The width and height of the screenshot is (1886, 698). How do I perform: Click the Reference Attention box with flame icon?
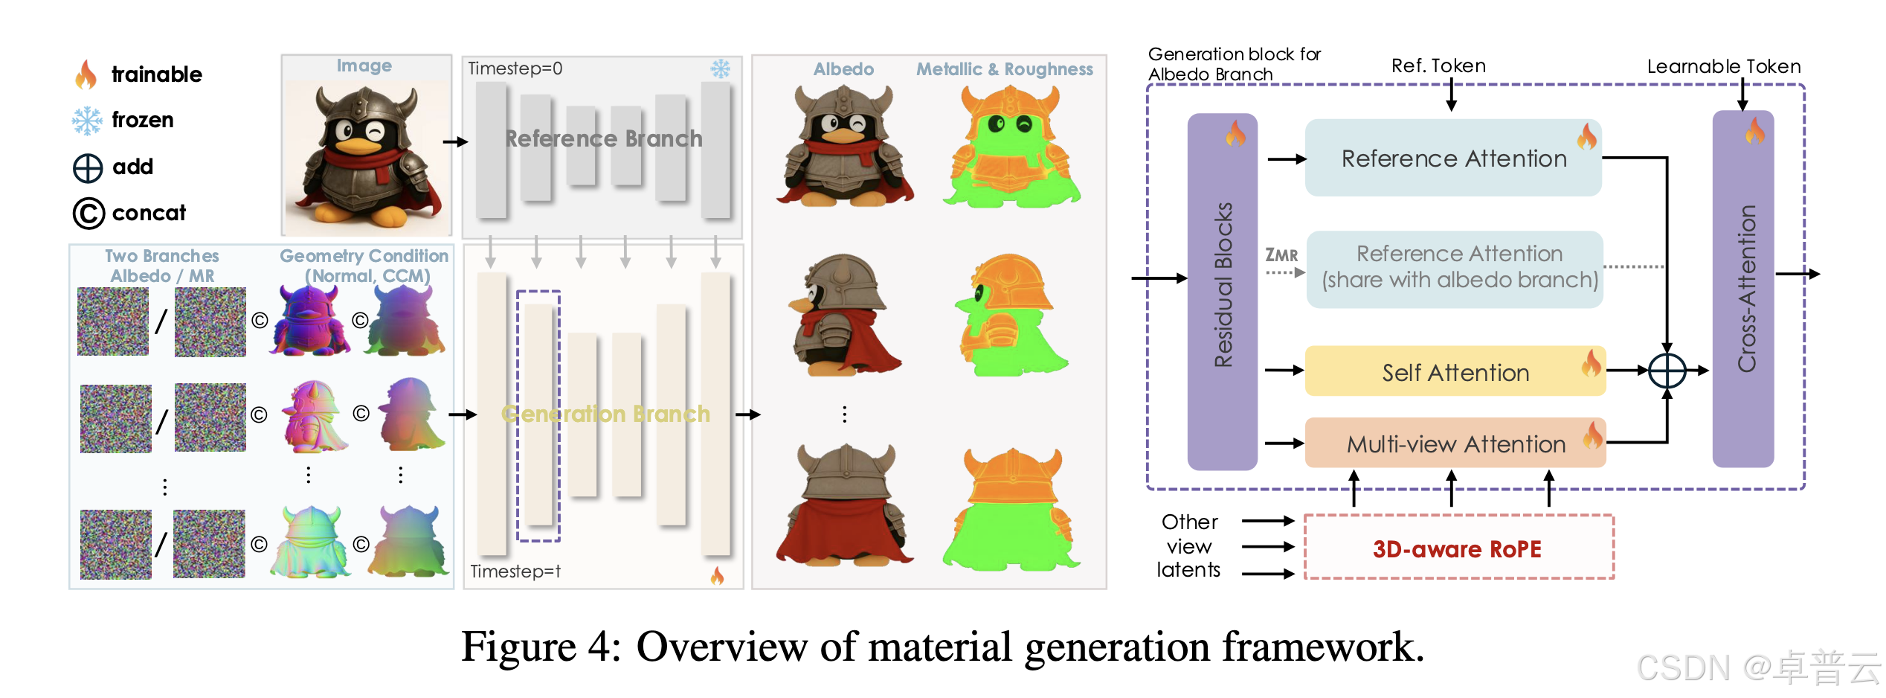(x=1452, y=158)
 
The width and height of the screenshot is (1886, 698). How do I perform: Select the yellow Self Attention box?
(x=1455, y=371)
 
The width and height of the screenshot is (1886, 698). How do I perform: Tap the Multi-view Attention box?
(x=1455, y=444)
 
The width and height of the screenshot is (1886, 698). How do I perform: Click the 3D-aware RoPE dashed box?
(x=1458, y=548)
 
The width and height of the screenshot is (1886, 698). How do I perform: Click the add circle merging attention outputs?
(x=1667, y=370)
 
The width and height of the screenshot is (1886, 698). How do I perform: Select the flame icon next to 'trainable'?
(x=86, y=74)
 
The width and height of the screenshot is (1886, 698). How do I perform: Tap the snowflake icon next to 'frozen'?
(x=87, y=121)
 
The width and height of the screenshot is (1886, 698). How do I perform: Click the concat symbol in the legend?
(x=88, y=214)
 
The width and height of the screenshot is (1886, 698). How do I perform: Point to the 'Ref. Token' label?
(x=1438, y=65)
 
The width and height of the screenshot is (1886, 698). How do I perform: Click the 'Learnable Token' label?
(x=1723, y=66)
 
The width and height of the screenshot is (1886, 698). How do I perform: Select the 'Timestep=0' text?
(x=515, y=68)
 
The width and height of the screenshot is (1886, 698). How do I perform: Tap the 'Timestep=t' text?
(x=515, y=571)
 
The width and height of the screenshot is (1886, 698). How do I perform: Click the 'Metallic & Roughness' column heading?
(x=1004, y=69)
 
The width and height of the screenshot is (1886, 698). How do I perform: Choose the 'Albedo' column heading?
(x=843, y=69)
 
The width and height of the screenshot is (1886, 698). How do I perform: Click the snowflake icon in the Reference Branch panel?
(x=720, y=69)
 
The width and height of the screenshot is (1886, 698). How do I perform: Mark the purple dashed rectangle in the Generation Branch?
(x=538, y=415)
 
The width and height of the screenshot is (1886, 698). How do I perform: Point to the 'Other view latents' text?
(x=1188, y=546)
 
